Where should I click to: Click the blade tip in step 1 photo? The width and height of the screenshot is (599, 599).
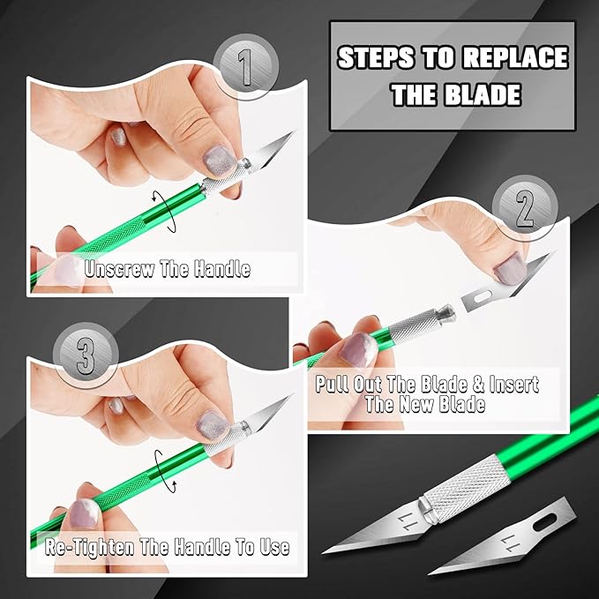292,134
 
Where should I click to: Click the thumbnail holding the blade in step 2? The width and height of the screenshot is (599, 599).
509,265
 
